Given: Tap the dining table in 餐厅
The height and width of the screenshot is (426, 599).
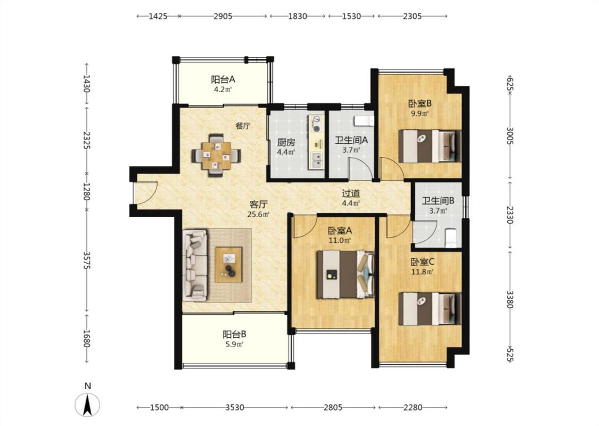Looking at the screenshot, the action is [x=217, y=155].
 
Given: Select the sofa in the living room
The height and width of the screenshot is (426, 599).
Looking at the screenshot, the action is [x=195, y=265].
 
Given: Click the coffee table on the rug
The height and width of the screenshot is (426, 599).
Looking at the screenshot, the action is [x=228, y=265].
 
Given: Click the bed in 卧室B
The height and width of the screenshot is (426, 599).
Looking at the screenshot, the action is [x=430, y=146].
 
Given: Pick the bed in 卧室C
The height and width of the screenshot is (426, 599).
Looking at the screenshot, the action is [x=430, y=309].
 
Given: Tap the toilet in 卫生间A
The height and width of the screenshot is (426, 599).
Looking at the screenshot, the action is [x=364, y=121].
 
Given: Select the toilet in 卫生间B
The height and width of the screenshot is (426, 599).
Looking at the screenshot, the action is [x=451, y=237].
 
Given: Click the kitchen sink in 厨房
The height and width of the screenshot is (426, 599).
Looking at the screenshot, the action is [x=317, y=160].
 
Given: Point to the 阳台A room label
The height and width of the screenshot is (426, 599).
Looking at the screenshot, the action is [x=223, y=79].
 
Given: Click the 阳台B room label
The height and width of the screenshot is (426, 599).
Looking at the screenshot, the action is [x=235, y=334].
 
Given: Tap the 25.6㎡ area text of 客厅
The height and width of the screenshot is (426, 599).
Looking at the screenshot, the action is [x=259, y=215].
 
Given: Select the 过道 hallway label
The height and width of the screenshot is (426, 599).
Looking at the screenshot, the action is [x=351, y=194].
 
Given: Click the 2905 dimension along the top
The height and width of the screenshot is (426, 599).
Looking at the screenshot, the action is [x=223, y=16].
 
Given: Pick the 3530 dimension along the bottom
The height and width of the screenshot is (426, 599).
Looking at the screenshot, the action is [x=235, y=407].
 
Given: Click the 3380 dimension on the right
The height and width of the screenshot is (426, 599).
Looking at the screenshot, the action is [x=510, y=299].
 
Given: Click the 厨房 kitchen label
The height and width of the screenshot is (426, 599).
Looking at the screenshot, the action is [x=286, y=143].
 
